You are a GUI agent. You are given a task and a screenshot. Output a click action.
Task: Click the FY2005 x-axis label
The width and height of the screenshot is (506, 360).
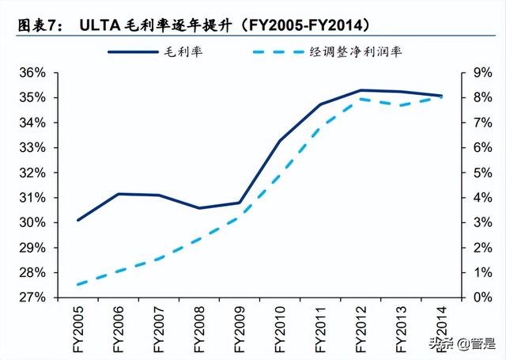tap(77, 328)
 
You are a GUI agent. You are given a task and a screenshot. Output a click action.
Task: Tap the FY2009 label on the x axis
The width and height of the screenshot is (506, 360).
tap(240, 328)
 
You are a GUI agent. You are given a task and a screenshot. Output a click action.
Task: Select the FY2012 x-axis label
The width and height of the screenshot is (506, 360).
tap(361, 328)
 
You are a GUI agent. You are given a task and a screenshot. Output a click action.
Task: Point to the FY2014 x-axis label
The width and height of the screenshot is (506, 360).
tap(441, 328)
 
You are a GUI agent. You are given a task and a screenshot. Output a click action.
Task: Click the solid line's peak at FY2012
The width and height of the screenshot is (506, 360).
tap(361, 90)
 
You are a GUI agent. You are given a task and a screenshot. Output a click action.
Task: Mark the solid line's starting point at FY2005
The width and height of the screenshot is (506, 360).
tap(77, 220)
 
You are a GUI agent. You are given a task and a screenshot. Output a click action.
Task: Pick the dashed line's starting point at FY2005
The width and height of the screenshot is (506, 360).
tap(77, 284)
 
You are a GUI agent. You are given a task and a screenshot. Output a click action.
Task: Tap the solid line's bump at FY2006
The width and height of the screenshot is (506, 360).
tap(118, 194)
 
